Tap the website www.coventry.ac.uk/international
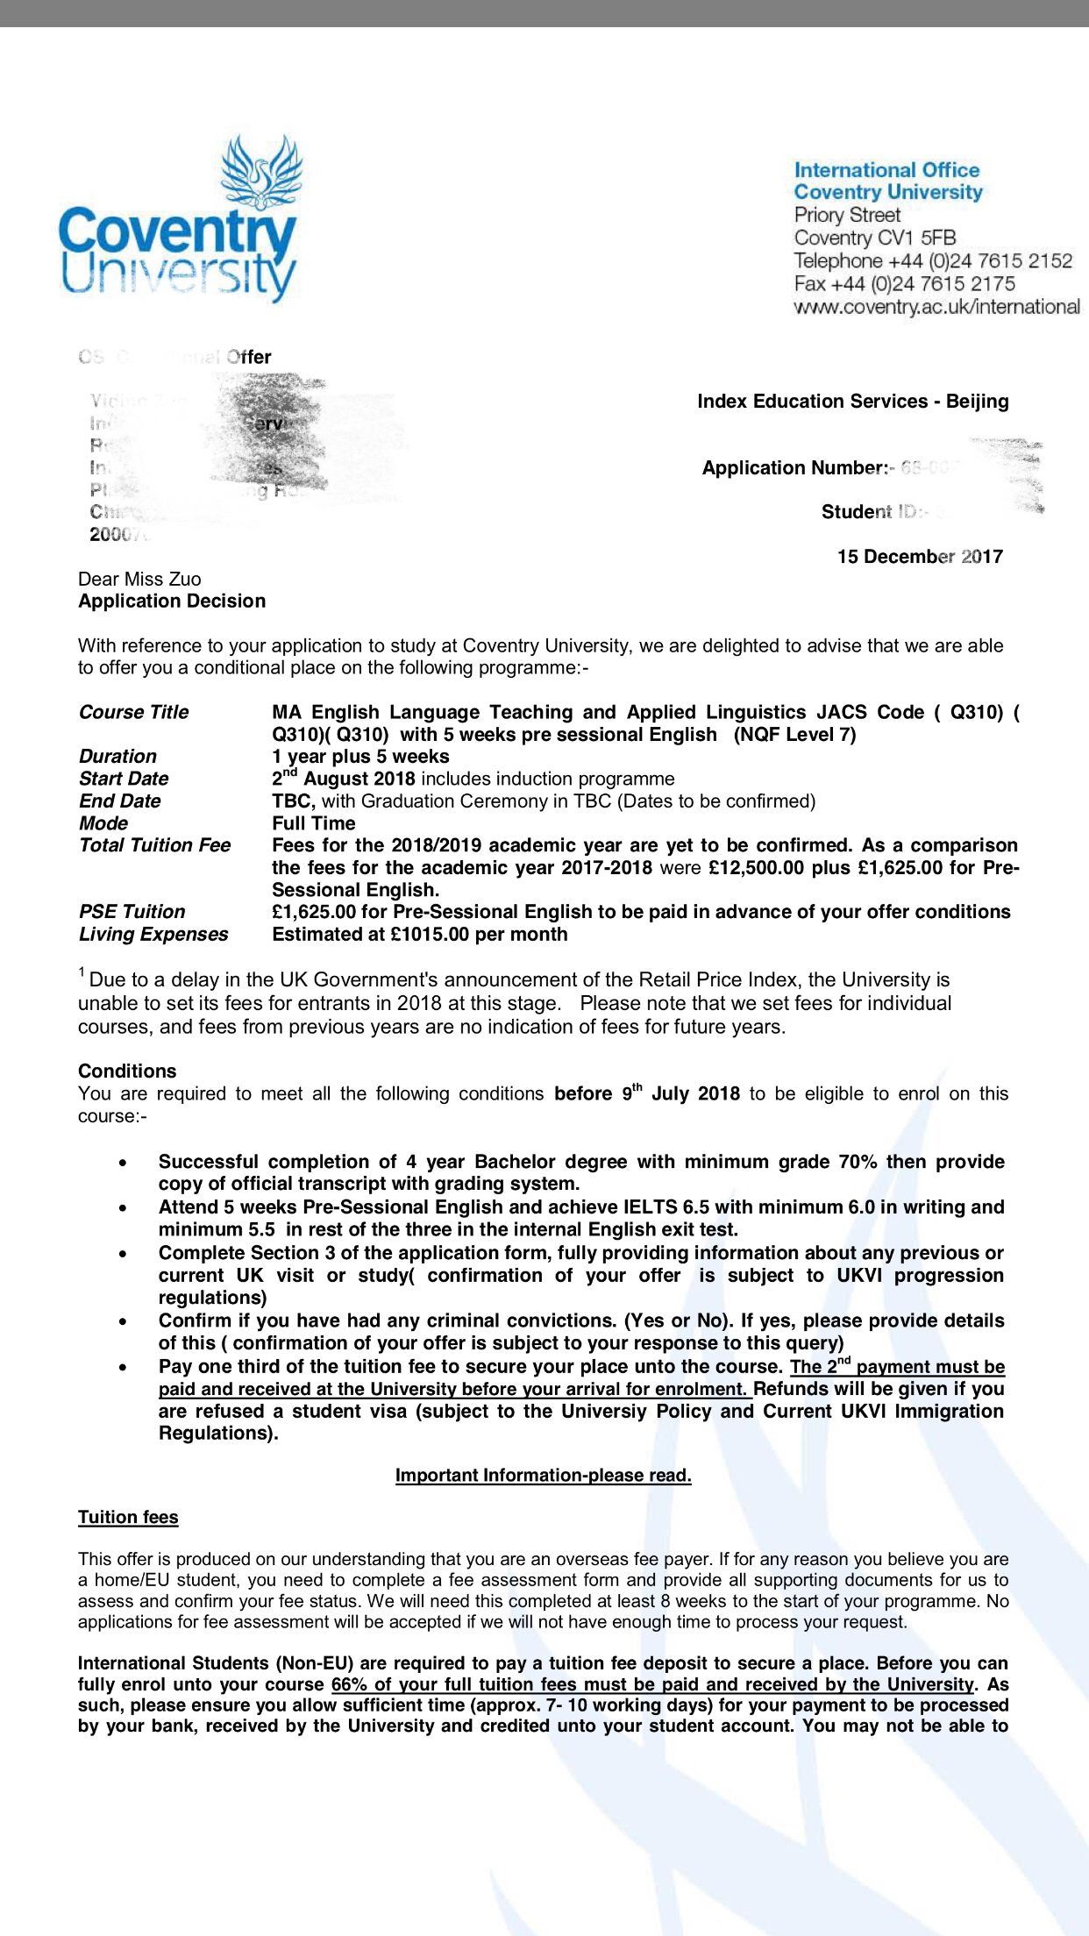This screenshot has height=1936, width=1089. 936,307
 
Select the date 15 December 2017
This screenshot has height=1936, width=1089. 920,557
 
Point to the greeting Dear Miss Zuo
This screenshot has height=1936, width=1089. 139,579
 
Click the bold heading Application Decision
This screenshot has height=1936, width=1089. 172,601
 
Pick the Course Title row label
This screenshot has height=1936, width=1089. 133,712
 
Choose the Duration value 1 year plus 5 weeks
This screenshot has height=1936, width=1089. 360,757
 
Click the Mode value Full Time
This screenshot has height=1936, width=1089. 313,823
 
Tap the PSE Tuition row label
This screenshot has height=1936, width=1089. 132,912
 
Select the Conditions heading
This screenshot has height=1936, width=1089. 127,1071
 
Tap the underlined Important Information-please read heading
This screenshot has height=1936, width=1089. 544,1476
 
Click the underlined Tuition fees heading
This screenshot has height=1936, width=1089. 128,1518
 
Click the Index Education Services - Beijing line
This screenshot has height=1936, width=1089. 852,402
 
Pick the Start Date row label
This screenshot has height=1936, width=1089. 124,779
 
